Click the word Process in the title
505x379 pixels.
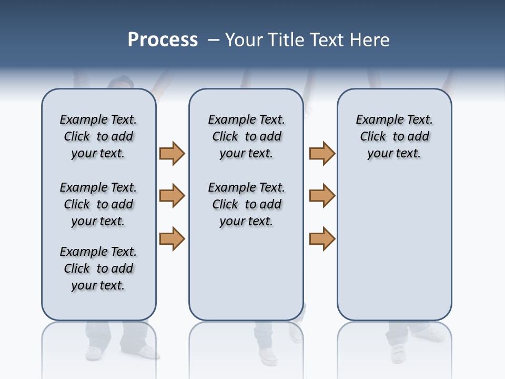click(x=163, y=40)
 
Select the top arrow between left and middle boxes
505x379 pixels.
click(x=172, y=153)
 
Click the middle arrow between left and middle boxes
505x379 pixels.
click(x=172, y=196)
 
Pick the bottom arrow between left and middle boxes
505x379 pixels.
click(x=172, y=238)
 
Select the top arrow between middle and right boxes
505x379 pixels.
click(x=322, y=153)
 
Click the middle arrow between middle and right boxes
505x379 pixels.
click(x=322, y=196)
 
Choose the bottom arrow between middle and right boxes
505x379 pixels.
click(x=322, y=238)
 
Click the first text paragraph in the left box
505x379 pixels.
click(x=98, y=136)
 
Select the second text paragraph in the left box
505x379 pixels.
click(x=98, y=204)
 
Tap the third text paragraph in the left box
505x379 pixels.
click(x=98, y=268)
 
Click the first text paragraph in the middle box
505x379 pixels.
click(x=246, y=136)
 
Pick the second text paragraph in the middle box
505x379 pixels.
click(x=246, y=204)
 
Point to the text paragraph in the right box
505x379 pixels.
click(x=394, y=136)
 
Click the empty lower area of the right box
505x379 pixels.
click(x=394, y=253)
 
